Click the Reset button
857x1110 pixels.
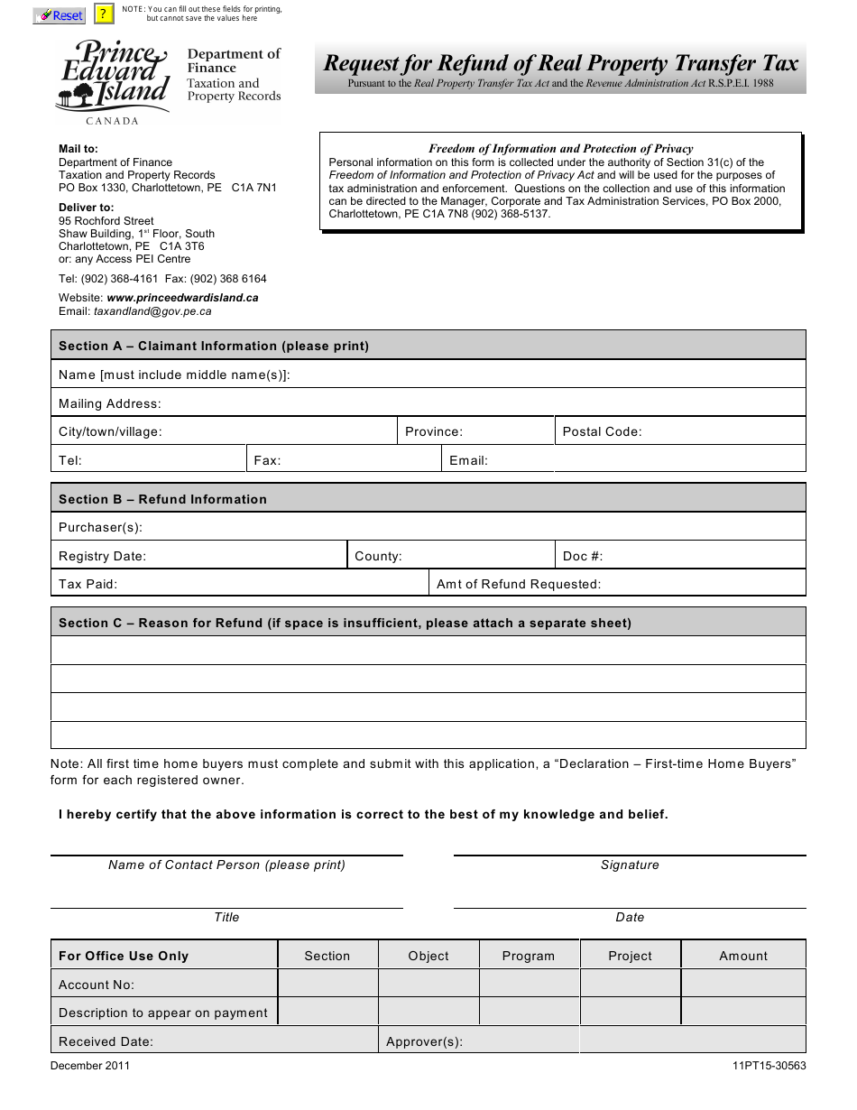coord(59,15)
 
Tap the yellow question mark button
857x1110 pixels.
coord(104,14)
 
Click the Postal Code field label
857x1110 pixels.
coord(602,431)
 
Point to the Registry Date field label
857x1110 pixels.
coord(102,556)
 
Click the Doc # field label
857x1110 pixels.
coord(583,556)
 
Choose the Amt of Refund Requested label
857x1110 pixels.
coord(518,584)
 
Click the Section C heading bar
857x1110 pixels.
coord(428,623)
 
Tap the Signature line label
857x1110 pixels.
coord(630,865)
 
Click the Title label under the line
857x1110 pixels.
coord(226,917)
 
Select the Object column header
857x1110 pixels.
coord(428,956)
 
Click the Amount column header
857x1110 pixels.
coord(743,956)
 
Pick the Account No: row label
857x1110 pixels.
coord(97,985)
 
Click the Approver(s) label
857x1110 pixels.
coord(424,1041)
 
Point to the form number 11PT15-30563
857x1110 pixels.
coord(769,1065)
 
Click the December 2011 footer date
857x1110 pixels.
coord(90,1065)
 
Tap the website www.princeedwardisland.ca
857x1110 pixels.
coord(182,298)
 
